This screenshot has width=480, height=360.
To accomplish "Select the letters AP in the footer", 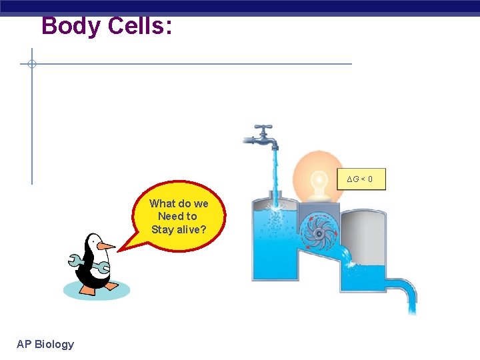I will click(x=24, y=344).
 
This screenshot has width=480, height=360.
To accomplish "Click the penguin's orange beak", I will click(x=105, y=246).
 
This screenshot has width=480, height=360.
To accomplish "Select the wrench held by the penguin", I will click(x=89, y=264).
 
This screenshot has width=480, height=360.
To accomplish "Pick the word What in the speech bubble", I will click(x=162, y=203).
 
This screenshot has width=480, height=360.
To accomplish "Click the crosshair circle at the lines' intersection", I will click(x=31, y=64).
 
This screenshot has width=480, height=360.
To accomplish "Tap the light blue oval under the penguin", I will click(x=96, y=290).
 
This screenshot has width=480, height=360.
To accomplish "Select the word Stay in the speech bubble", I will click(x=162, y=229).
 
